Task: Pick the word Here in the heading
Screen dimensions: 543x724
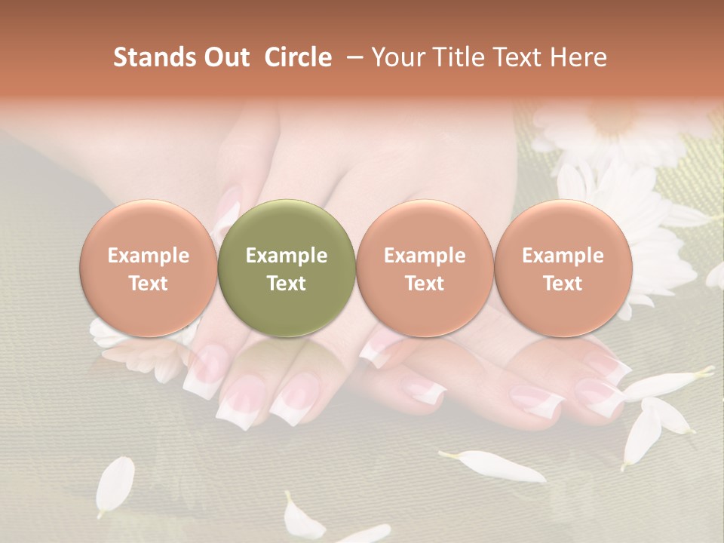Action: (580, 57)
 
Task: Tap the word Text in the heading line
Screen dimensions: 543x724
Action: (523, 57)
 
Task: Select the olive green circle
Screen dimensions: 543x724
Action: (287, 268)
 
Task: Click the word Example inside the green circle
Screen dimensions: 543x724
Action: (287, 256)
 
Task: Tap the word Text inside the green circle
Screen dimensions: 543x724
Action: (287, 284)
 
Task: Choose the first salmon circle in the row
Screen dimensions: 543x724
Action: (149, 268)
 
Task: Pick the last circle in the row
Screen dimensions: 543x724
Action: (563, 268)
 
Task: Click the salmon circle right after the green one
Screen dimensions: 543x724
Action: (425, 268)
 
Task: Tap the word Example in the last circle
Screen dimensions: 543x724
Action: (563, 256)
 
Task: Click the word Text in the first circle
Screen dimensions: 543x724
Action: (149, 284)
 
